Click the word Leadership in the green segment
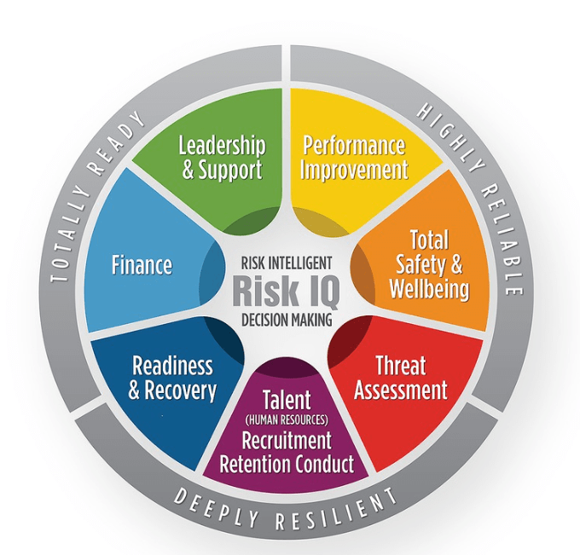coord(222,145)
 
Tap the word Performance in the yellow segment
coord(354,146)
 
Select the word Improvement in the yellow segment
coord(354,171)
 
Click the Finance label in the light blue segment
coord(142,265)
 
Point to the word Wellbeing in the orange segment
coord(429,289)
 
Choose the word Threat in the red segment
coord(401,366)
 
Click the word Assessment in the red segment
coord(401,390)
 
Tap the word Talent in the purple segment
coord(287,400)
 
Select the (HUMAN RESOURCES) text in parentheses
coord(287,419)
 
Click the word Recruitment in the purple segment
coord(287,441)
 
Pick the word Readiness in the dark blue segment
coord(172,366)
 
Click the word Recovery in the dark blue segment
coord(180,390)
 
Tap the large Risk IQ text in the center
coord(286,291)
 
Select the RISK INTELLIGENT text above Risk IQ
coord(287,263)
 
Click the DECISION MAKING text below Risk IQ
coord(287,320)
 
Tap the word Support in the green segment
coord(230,171)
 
